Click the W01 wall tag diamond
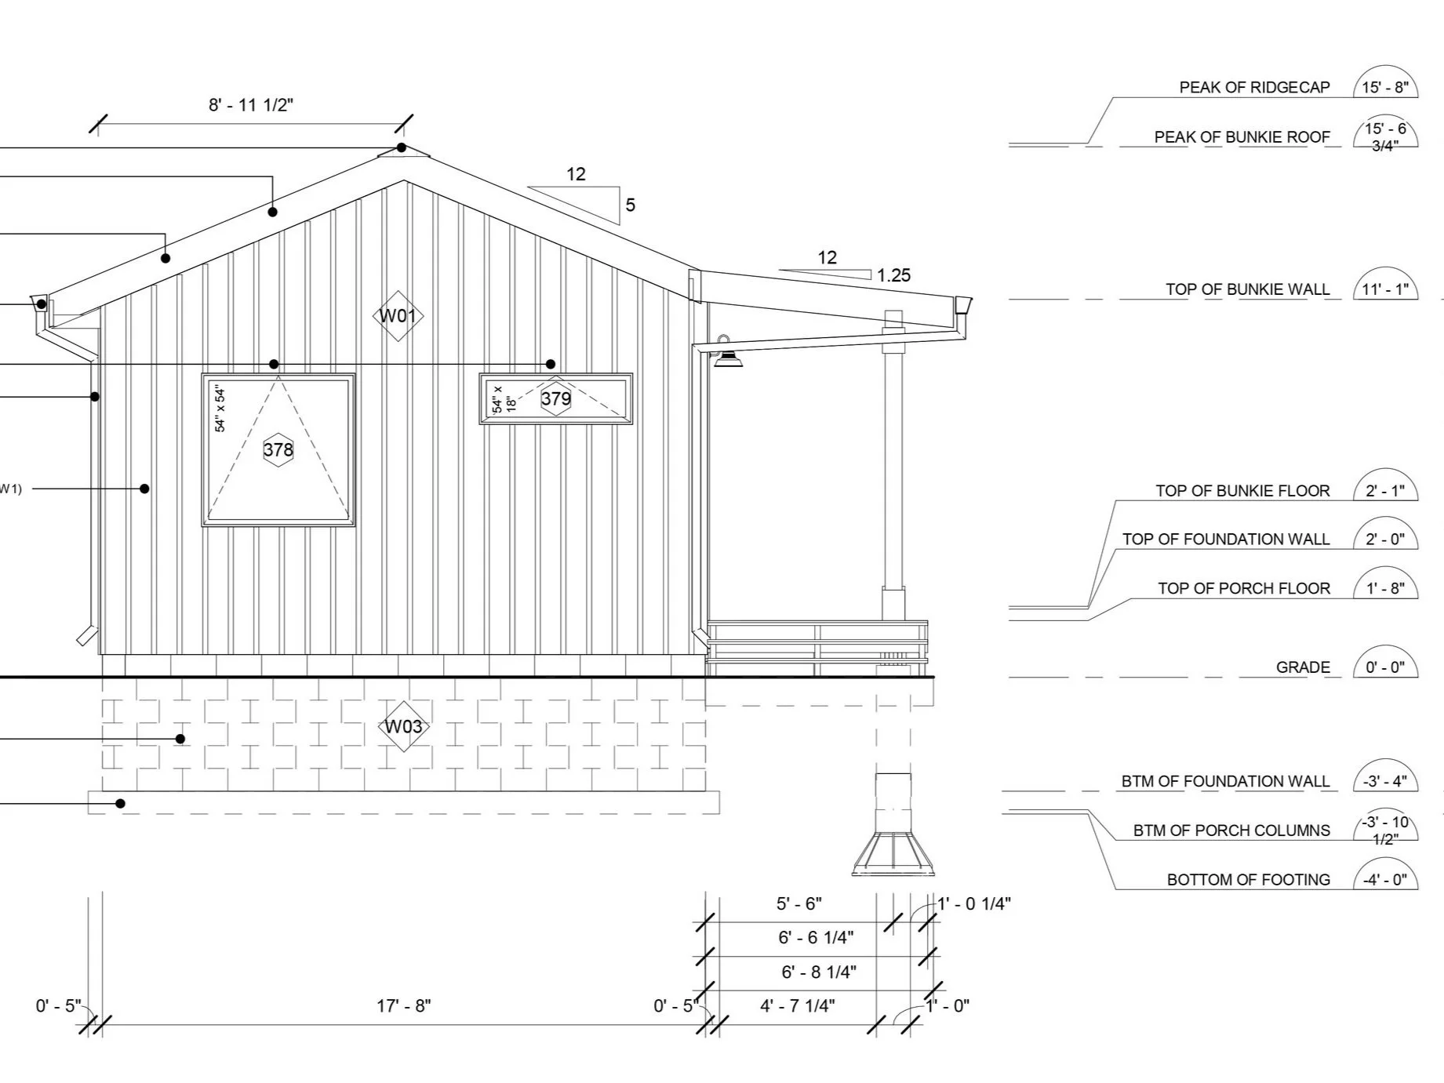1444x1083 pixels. point(398,316)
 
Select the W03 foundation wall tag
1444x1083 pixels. point(403,727)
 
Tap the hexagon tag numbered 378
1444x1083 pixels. point(278,449)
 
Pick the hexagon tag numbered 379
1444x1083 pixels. point(556,398)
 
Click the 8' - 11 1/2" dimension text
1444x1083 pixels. point(251,105)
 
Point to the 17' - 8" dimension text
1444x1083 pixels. point(403,1005)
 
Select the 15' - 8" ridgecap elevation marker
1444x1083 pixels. point(1385,87)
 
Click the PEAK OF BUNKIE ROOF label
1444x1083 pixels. point(1242,137)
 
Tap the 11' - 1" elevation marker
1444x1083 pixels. point(1385,289)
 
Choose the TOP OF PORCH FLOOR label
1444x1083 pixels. point(1244,588)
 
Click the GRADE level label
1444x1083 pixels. point(1303,667)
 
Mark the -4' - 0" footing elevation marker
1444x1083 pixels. point(1385,880)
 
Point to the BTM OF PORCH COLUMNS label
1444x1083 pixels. point(1231,830)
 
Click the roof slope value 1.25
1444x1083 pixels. point(893,275)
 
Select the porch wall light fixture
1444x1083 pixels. point(728,358)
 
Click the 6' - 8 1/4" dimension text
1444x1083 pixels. point(818,972)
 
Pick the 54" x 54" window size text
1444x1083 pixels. point(220,409)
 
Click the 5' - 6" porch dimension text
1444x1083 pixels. point(799,903)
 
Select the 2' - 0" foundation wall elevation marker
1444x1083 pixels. point(1385,540)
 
